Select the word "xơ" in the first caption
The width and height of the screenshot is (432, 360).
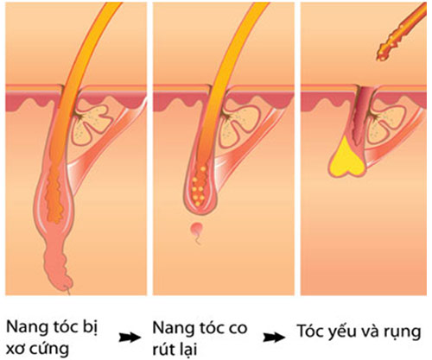point(15,350)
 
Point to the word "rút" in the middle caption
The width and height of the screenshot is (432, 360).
point(163,349)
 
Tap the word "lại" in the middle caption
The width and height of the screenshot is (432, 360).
point(187,348)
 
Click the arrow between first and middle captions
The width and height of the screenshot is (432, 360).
point(130,337)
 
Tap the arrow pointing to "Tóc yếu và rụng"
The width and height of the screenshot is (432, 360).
point(274,337)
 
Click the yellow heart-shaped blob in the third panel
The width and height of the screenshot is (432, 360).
point(347,158)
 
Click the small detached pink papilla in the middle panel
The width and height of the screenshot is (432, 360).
point(196,230)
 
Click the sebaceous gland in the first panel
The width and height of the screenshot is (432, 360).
point(90,123)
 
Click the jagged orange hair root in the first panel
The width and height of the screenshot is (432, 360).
point(54,193)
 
